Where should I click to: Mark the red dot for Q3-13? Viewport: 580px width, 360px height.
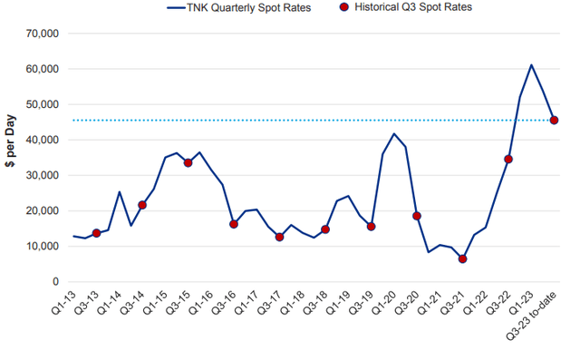point(96,233)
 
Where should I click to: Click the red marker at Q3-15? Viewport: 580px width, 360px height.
point(188,162)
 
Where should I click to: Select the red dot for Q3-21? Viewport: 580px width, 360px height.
point(462,258)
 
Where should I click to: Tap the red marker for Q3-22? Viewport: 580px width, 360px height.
point(508,159)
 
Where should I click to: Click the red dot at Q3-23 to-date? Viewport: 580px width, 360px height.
point(554,120)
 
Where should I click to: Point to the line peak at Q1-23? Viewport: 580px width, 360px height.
point(531,64)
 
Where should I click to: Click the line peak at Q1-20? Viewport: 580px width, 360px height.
point(393,133)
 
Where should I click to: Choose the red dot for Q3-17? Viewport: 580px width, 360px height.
point(279,237)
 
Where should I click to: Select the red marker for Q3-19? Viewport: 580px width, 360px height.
point(371,226)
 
